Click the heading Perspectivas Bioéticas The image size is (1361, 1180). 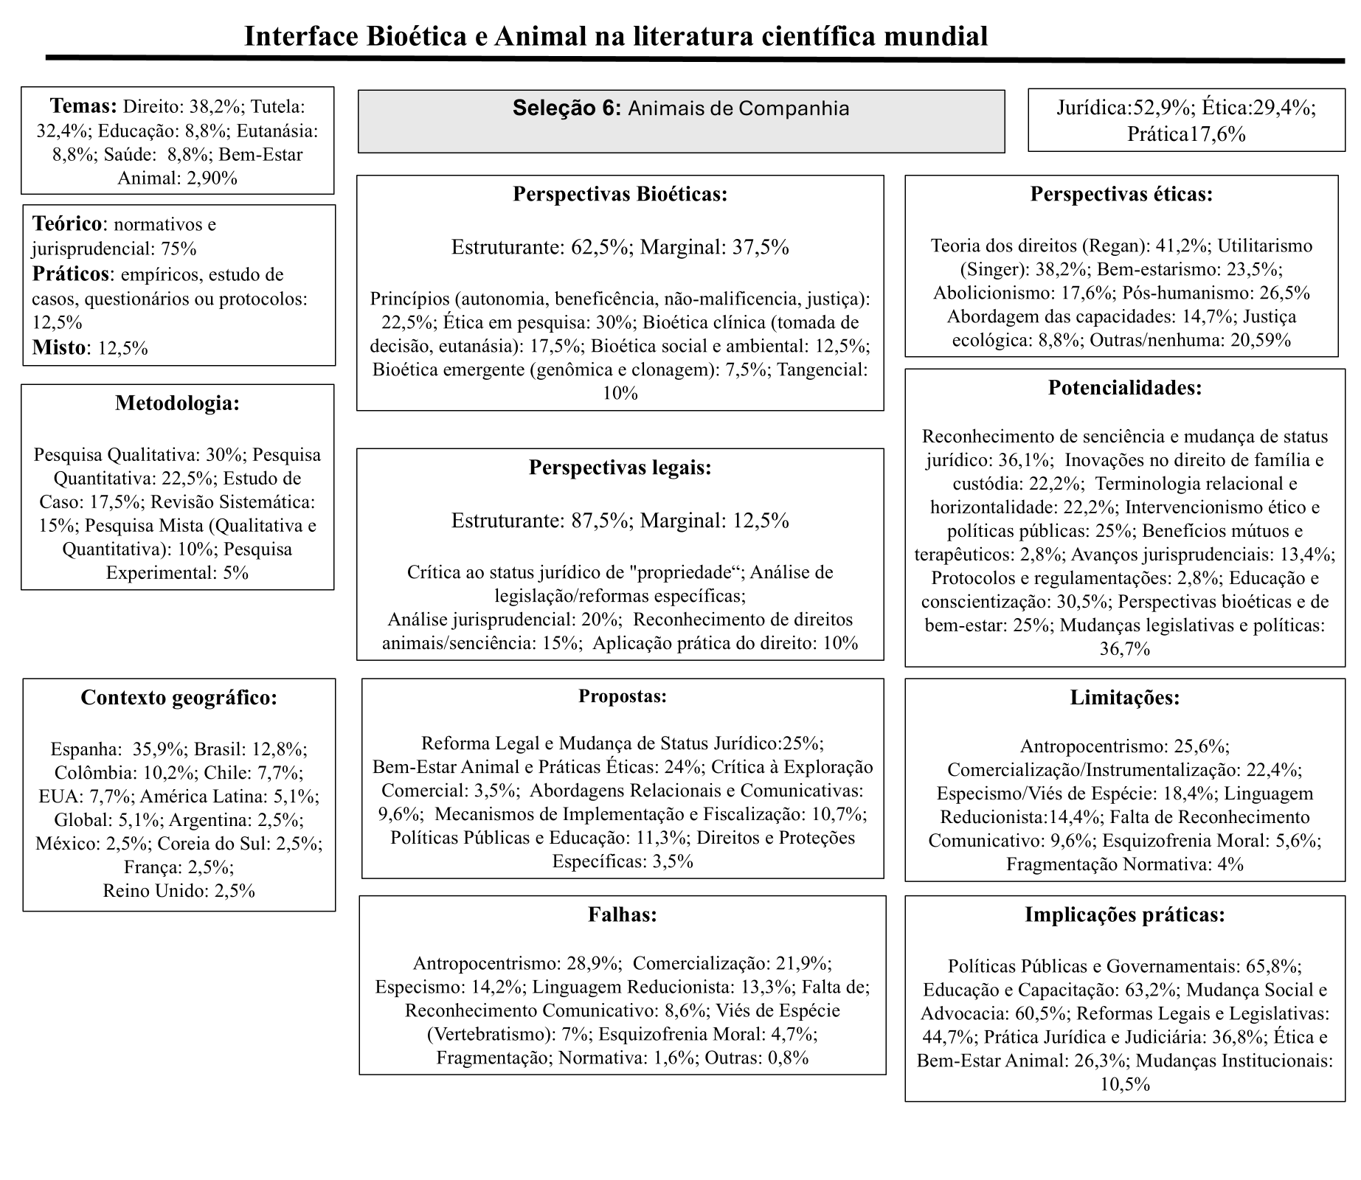[x=620, y=194]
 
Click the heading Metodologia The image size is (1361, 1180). [x=177, y=403]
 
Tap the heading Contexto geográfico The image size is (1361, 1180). [x=179, y=698]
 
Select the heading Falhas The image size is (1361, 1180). [x=622, y=915]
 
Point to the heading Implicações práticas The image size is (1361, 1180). [x=1124, y=915]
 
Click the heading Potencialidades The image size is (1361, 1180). [x=1124, y=388]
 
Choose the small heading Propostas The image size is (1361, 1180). [x=622, y=696]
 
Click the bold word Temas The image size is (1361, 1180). [x=83, y=106]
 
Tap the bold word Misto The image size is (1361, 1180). [x=58, y=347]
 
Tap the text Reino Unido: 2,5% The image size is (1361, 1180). [x=179, y=891]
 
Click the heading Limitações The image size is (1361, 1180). [x=1124, y=698]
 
